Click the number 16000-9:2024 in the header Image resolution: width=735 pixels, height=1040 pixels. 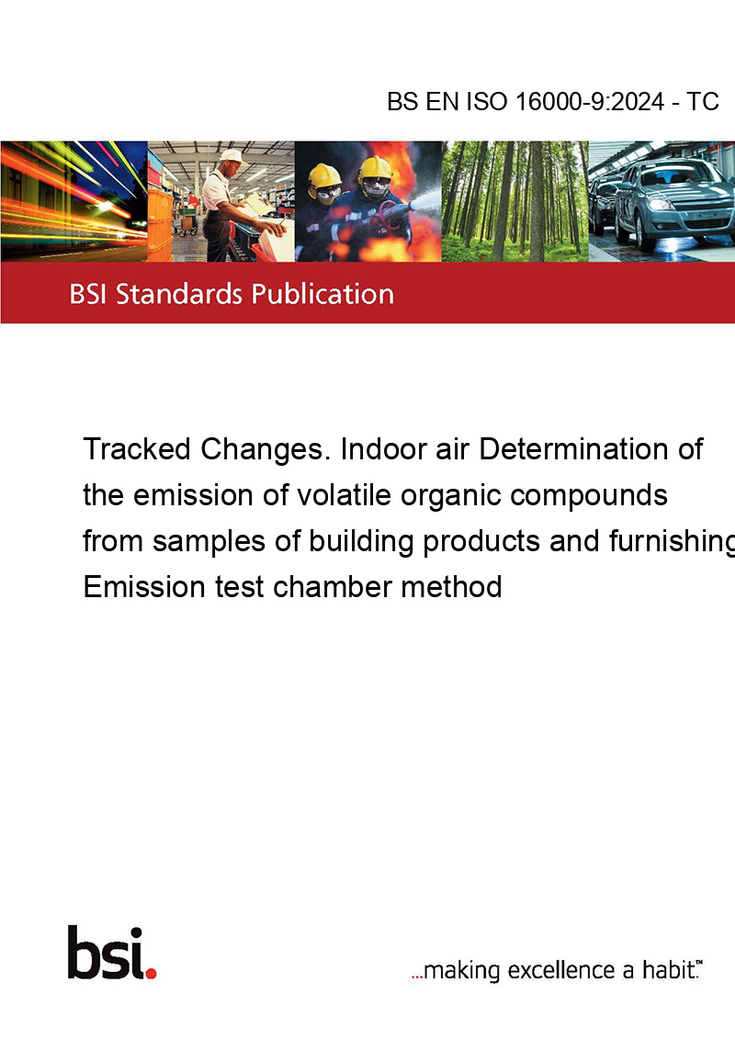[589, 101]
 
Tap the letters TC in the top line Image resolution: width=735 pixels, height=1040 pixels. [703, 101]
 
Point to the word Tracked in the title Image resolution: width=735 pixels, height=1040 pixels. [137, 449]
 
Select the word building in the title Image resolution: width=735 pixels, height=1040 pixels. [362, 543]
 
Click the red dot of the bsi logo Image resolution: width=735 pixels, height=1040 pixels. [151, 973]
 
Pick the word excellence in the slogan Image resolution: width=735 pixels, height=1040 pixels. [561, 970]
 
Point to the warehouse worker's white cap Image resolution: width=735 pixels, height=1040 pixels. [232, 156]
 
